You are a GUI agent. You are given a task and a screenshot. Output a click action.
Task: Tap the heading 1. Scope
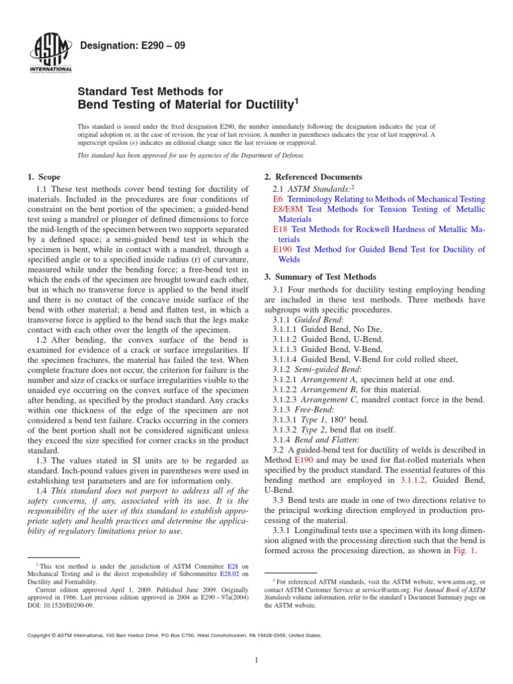point(43,177)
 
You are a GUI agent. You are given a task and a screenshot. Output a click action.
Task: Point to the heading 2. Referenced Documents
point(313,177)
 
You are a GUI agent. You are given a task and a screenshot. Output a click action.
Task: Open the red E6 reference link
point(279,199)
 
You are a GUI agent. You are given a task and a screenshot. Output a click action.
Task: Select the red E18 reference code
point(281,229)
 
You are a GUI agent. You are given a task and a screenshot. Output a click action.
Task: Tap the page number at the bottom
point(256,661)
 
